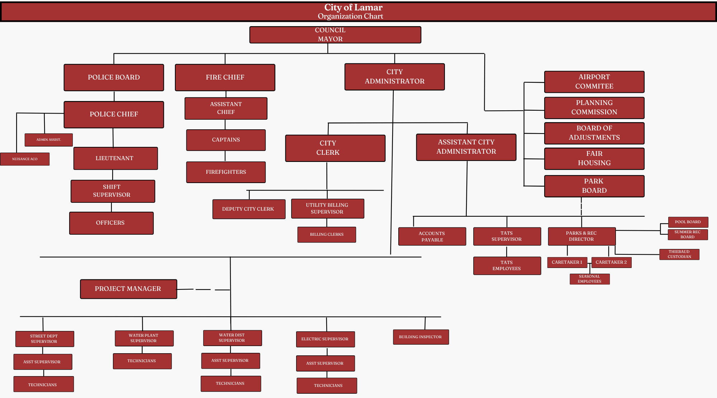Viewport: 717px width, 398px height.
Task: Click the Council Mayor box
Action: [x=335, y=35]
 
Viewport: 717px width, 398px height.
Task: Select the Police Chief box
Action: [x=114, y=114]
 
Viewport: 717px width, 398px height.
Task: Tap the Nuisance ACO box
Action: [x=25, y=159]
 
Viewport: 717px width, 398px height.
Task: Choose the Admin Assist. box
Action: [x=49, y=140]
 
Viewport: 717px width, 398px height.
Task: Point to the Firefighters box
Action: [x=226, y=172]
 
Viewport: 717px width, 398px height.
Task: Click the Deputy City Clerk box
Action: [x=248, y=209]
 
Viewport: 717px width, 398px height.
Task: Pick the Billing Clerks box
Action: [x=327, y=235]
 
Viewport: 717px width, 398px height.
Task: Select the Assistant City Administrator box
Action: [x=466, y=147]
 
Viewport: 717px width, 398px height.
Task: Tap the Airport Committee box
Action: [x=594, y=82]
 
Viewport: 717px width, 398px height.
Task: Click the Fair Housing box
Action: [x=594, y=158]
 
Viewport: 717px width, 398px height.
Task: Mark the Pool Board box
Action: [x=688, y=222]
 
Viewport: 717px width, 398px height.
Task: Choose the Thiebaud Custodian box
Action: [x=679, y=254]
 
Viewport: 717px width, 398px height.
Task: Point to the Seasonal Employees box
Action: [x=590, y=279]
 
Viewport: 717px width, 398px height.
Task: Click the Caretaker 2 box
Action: [x=611, y=262]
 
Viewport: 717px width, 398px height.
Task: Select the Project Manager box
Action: [x=128, y=289]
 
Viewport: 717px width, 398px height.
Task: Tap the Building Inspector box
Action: [x=421, y=337]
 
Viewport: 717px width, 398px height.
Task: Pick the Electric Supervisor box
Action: [x=325, y=339]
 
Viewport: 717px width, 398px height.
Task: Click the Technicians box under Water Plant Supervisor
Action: [x=142, y=361]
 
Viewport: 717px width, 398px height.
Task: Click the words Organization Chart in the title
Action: [x=350, y=16]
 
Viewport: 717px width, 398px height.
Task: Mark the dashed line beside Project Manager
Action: [x=203, y=289]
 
